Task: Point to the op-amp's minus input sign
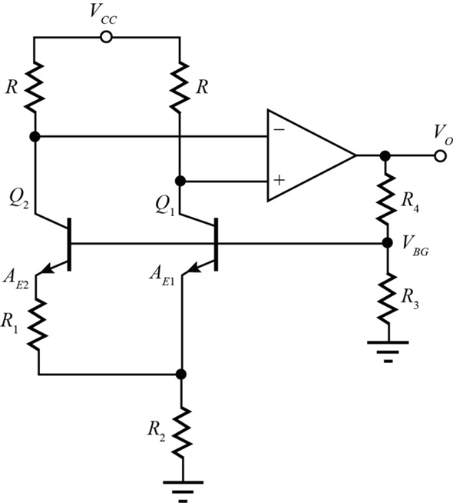279,130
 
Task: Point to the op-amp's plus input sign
279,181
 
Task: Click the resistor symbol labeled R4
385,196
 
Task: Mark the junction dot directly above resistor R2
181,375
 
